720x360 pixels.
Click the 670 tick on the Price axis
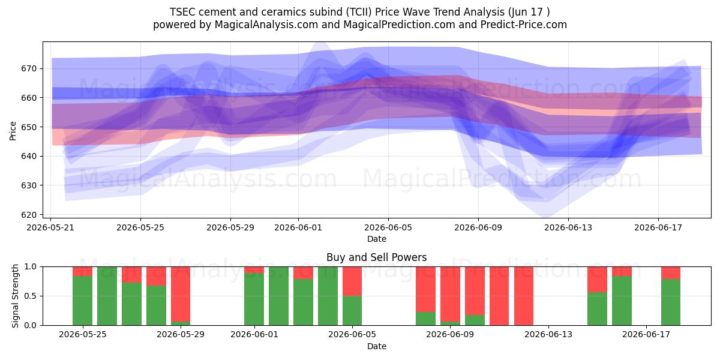[29, 69]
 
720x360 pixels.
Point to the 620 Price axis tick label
[29, 215]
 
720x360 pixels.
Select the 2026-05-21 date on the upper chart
[50, 227]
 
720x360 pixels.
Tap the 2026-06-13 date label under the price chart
[568, 227]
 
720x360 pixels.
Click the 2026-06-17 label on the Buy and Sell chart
[646, 335]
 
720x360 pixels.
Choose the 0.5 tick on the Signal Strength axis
[31, 296]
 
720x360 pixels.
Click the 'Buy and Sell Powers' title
[376, 257]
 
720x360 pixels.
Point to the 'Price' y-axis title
[13, 131]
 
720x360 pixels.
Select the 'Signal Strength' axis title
[15, 296]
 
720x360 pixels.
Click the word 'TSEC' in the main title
[182, 12]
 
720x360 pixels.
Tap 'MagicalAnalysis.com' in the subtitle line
[266, 25]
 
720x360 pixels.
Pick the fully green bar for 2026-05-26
[107, 296]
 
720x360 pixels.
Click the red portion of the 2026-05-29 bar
[181, 294]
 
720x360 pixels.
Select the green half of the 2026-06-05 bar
[352, 311]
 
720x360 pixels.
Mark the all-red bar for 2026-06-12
[524, 296]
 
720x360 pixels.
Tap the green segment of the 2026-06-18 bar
[671, 302]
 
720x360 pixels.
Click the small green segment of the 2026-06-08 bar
[425, 319]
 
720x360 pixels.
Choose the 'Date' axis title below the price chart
[377, 239]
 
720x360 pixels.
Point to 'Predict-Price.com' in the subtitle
[524, 25]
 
